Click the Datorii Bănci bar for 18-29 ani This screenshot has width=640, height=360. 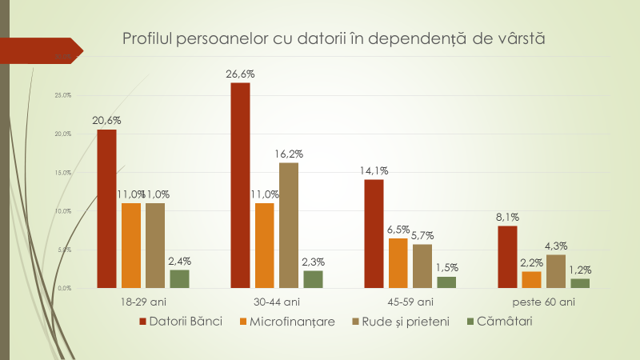pyautogui.click(x=107, y=208)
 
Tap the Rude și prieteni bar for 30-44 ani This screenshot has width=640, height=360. pyautogui.click(x=289, y=225)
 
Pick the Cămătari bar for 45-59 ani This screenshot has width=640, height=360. pyautogui.click(x=446, y=282)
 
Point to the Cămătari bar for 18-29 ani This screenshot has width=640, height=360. pyautogui.click(x=179, y=278)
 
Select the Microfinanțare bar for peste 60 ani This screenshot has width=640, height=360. pyautogui.click(x=531, y=279)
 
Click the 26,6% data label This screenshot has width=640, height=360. pyautogui.click(x=240, y=74)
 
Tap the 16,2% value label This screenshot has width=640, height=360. pyautogui.click(x=289, y=154)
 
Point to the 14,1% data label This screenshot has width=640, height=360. pyautogui.click(x=374, y=170)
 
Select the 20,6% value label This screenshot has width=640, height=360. pyautogui.click(x=106, y=120)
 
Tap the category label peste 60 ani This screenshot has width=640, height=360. pyautogui.click(x=543, y=302)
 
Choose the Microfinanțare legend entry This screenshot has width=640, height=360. pyautogui.click(x=286, y=322)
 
